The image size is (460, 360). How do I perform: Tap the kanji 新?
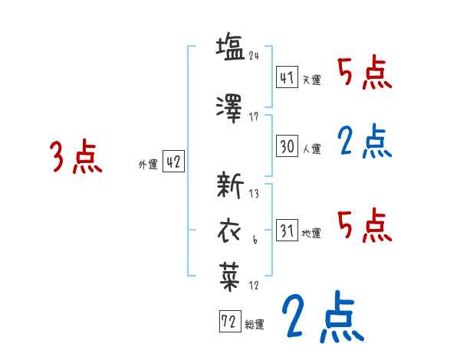[231, 185]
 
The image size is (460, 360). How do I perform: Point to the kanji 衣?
[230, 230]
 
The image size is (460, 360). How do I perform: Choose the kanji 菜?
[230, 275]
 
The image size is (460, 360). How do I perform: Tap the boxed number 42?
[173, 162]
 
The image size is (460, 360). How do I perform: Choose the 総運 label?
[255, 324]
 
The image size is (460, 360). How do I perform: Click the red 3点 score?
[76, 157]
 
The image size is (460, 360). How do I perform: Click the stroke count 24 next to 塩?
[255, 54]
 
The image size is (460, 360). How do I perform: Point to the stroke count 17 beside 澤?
[254, 116]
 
